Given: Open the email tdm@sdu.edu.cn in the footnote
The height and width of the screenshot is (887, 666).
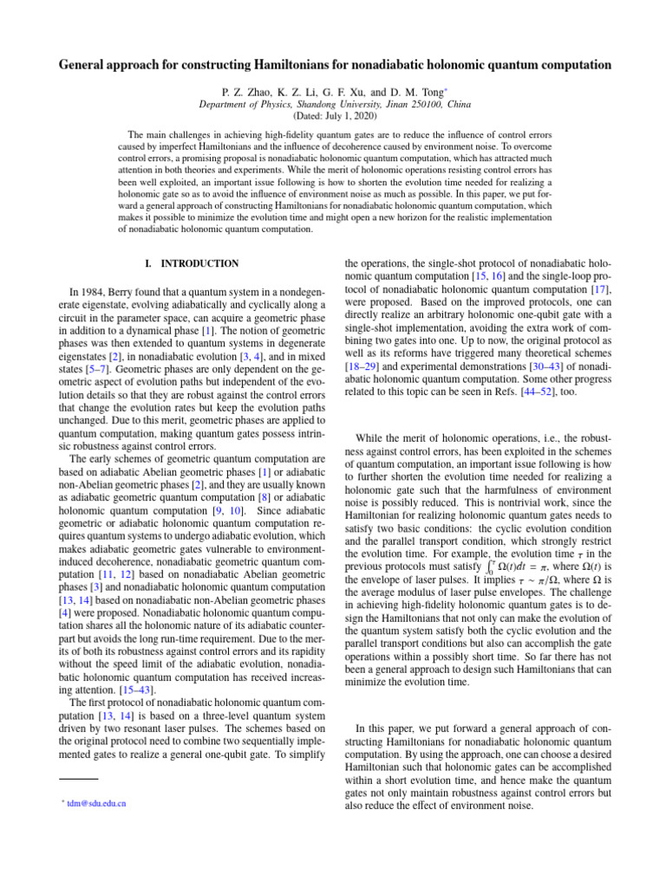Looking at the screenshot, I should coord(92,803).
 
